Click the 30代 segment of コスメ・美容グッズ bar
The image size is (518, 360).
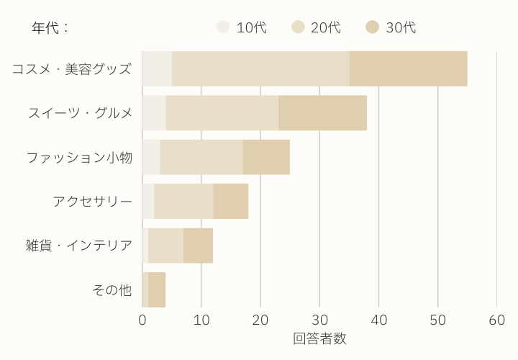(408, 69)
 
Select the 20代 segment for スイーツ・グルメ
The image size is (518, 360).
(222, 113)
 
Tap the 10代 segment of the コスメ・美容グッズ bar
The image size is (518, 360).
(157, 69)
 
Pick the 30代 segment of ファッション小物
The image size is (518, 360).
(266, 157)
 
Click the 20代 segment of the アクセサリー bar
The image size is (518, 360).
(183, 202)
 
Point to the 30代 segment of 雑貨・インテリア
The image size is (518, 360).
(198, 246)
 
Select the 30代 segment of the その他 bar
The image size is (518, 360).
(157, 289)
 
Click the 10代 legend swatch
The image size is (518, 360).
(223, 27)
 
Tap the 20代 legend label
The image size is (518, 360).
(326, 28)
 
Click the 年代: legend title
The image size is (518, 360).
(50, 28)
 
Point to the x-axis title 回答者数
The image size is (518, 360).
(319, 338)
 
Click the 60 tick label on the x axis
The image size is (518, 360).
(496, 320)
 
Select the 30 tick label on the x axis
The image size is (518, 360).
(319, 320)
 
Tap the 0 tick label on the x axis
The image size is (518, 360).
(142, 320)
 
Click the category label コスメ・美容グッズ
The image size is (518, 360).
(72, 69)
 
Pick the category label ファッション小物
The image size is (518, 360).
(79, 157)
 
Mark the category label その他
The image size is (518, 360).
(112, 289)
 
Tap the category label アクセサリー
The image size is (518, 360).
(93, 202)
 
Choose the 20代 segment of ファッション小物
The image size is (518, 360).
(201, 157)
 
